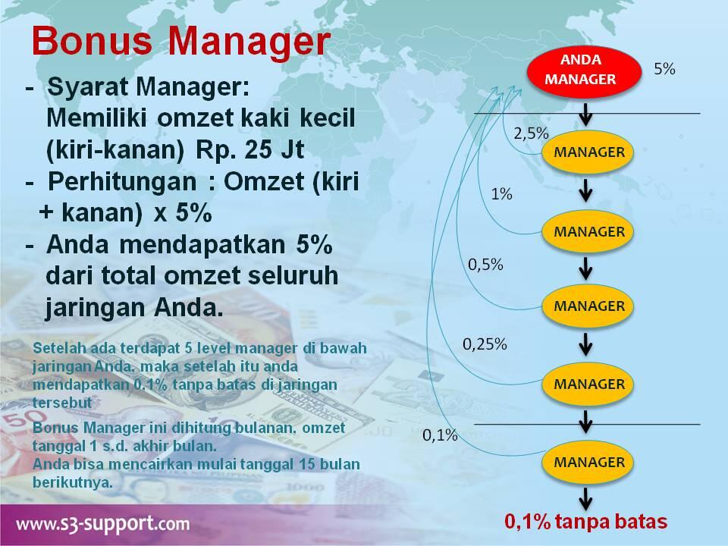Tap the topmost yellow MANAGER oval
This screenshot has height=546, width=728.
pyautogui.click(x=589, y=152)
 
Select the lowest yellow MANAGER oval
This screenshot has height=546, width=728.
pyautogui.click(x=589, y=461)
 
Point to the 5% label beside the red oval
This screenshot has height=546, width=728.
pyautogui.click(x=664, y=68)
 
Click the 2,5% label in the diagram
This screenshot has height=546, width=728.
pyautogui.click(x=531, y=133)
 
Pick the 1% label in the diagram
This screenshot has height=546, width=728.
pyautogui.click(x=501, y=194)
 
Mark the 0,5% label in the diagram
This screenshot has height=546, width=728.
pyautogui.click(x=485, y=265)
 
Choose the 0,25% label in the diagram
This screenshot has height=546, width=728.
pyautogui.click(x=485, y=344)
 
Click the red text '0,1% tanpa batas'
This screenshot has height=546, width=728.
pyautogui.click(x=586, y=522)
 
